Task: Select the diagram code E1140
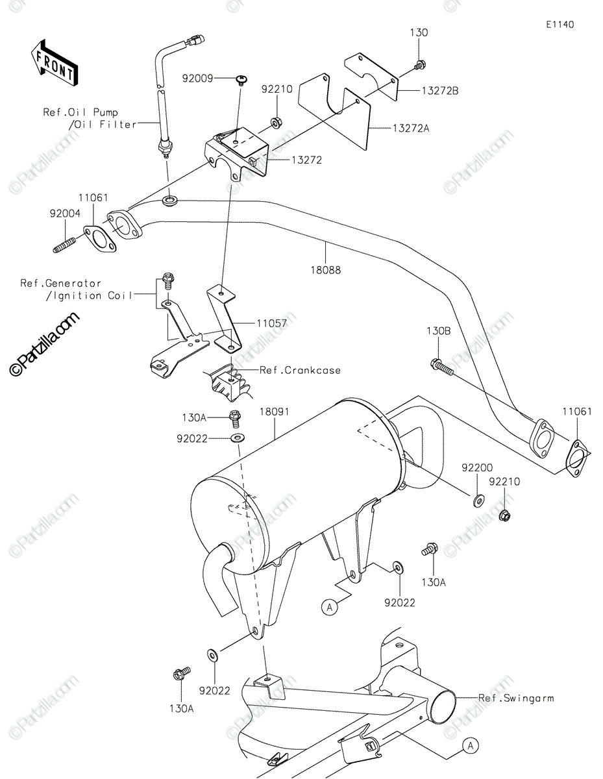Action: point(560,25)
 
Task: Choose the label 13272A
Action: point(411,129)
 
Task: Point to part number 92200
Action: point(477,467)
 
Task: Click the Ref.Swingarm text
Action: point(516,699)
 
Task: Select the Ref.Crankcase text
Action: point(300,370)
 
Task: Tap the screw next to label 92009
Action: point(241,80)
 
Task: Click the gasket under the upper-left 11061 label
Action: point(100,238)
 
